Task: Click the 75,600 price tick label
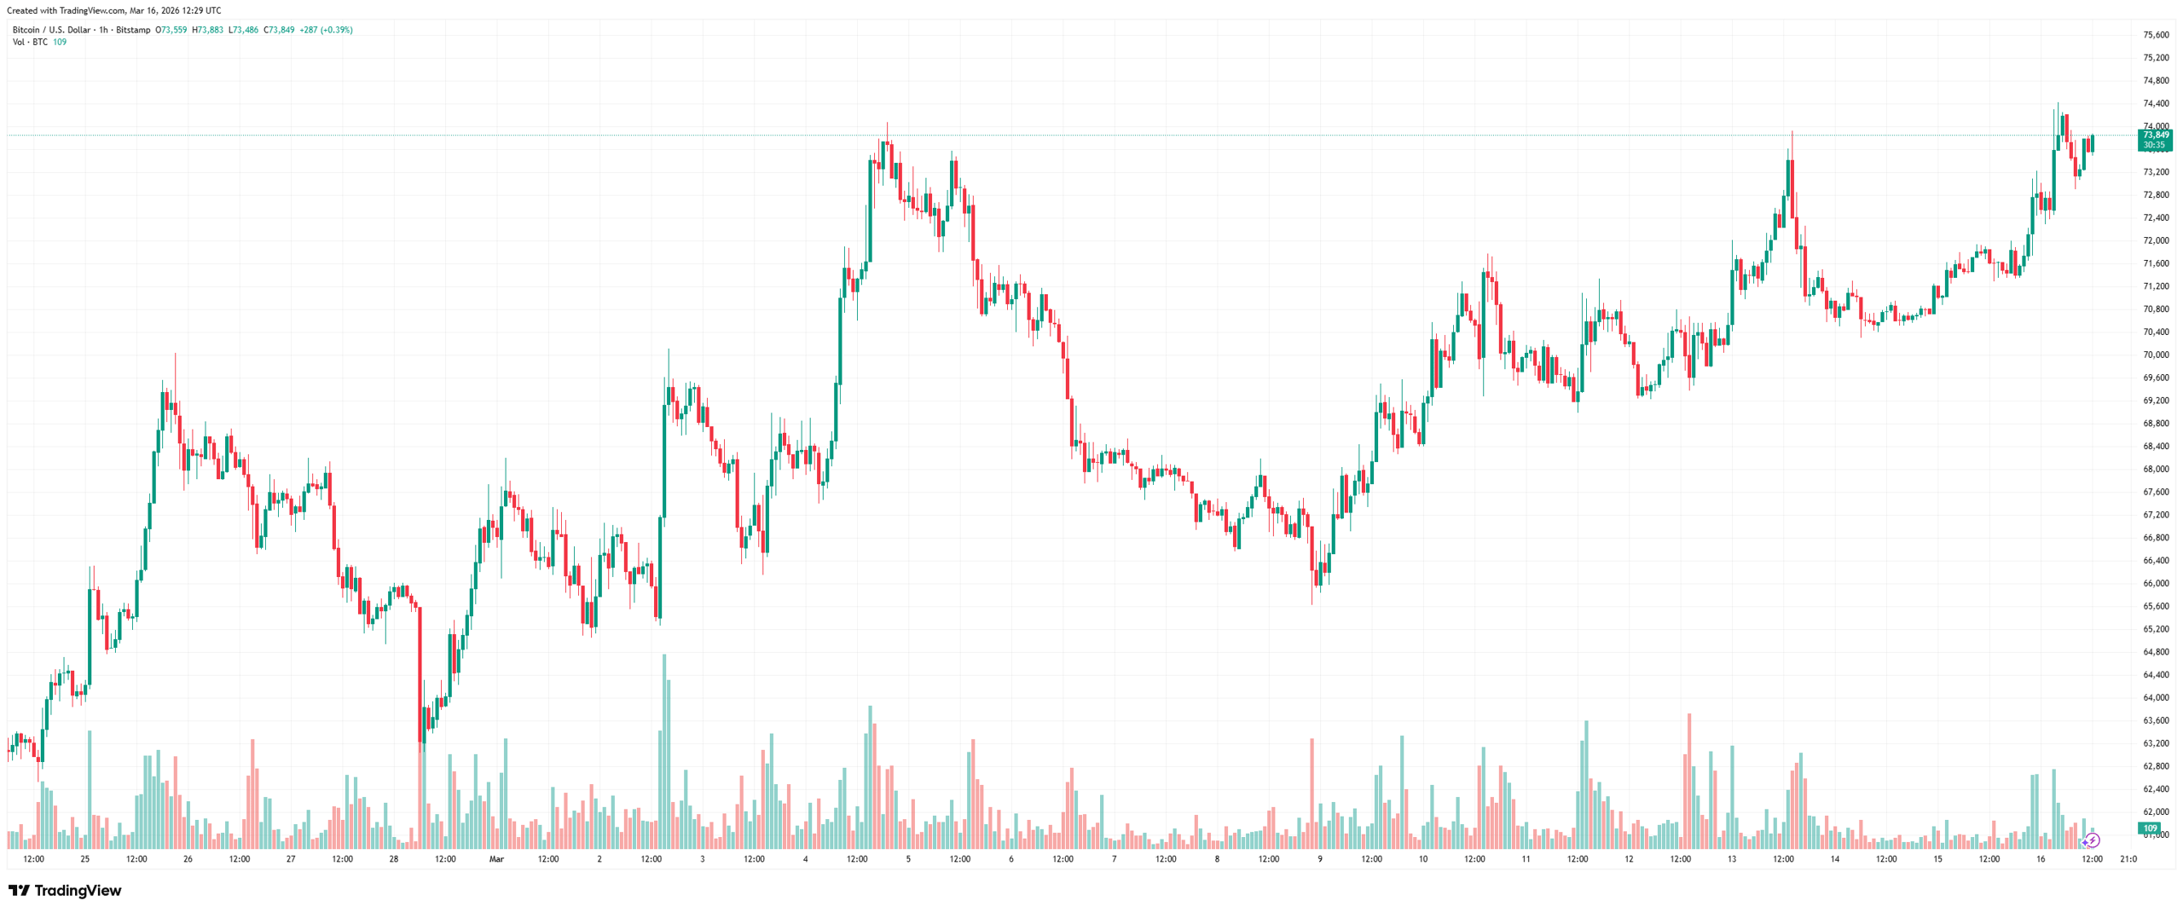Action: point(2155,35)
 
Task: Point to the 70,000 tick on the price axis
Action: point(2155,355)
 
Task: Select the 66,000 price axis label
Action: point(2155,583)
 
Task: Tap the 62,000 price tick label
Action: point(2155,811)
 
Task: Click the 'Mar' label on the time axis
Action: point(496,859)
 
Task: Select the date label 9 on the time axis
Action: point(1319,859)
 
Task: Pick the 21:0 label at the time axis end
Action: point(2128,859)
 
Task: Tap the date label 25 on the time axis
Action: point(84,859)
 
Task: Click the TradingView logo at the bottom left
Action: point(65,891)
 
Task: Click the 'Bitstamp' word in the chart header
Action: point(133,30)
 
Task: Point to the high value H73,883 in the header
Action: point(207,30)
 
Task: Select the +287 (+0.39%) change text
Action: point(326,30)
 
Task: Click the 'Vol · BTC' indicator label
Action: point(30,42)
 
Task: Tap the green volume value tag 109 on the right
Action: point(2151,828)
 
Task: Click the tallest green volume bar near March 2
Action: point(664,750)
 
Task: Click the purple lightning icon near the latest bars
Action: point(2093,840)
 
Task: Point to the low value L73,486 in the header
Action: point(243,30)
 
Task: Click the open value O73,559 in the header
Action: point(171,30)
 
